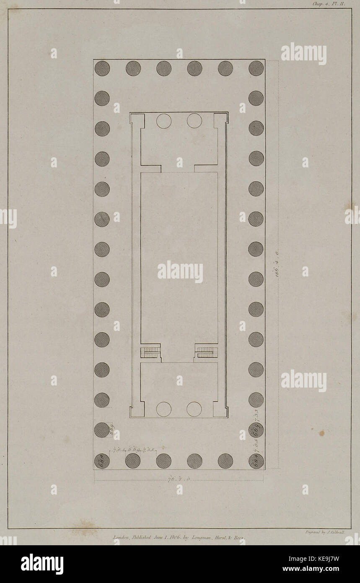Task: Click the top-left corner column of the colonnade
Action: click(x=102, y=68)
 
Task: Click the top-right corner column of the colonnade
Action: click(x=256, y=68)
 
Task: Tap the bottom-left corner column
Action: click(x=102, y=461)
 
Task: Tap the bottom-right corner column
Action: click(x=256, y=461)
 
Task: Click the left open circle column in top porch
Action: click(x=164, y=121)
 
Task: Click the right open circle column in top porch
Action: click(x=194, y=121)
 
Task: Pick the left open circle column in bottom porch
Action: click(x=164, y=409)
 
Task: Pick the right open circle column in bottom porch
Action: click(x=194, y=409)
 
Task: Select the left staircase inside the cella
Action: click(x=151, y=351)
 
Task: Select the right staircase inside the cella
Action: click(x=206, y=351)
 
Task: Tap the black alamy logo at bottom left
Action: click(x=42, y=564)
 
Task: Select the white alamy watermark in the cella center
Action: click(x=180, y=272)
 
